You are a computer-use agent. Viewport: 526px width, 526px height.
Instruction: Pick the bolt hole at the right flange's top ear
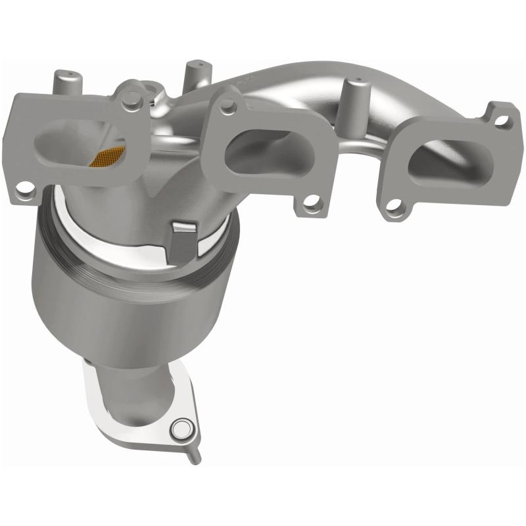click(x=504, y=120)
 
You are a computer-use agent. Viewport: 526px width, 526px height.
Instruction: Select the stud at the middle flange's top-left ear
click(x=227, y=101)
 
